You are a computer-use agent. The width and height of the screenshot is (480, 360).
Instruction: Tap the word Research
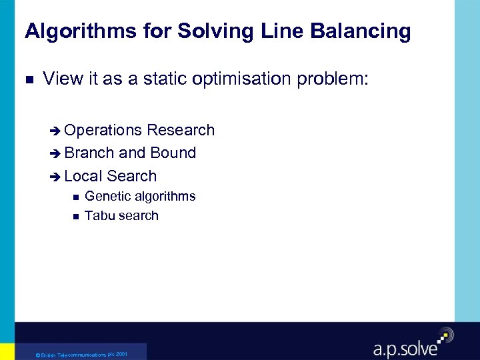181,130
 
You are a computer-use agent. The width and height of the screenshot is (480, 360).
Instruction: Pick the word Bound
173,153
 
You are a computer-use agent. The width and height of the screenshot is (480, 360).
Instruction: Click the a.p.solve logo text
405,347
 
